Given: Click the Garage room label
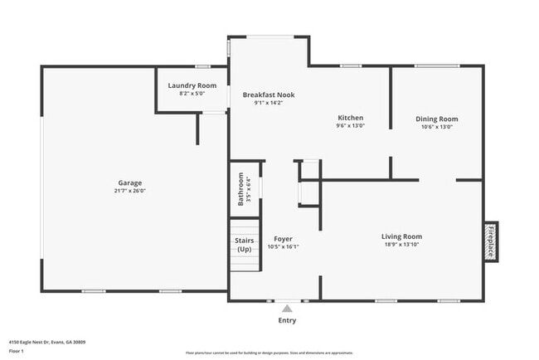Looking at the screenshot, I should (129, 182).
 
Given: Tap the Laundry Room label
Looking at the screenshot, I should (192, 85).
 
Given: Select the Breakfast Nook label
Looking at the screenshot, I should (268, 95).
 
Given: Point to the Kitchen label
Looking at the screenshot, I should (350, 118).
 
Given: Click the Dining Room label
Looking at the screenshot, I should (436, 119).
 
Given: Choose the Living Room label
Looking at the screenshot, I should (401, 236).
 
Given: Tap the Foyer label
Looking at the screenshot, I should (283, 239).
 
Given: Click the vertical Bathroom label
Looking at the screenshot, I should (241, 188).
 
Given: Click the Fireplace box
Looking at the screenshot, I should (490, 241).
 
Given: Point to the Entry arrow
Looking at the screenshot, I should (287, 307).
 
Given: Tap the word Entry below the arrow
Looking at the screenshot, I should (287, 320).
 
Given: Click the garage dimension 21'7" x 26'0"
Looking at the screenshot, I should (129, 191).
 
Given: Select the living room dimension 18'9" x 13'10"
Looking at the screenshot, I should (401, 245).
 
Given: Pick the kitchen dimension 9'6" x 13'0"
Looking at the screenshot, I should (350, 127).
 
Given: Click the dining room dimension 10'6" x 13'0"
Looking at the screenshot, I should (436, 127).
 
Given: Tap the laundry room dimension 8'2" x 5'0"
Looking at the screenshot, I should (192, 94).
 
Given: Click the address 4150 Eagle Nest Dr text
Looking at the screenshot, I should (47, 342).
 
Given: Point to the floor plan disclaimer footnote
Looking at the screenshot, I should (269, 352).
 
